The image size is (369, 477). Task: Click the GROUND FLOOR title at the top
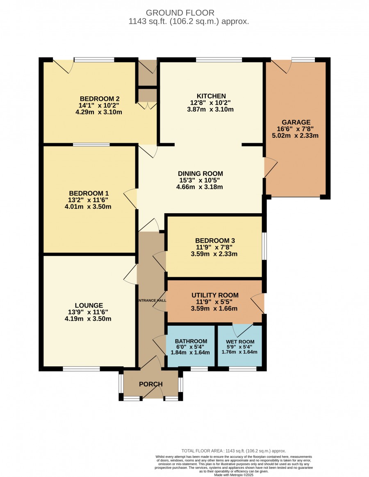click(180, 13)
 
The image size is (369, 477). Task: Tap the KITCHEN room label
click(211, 96)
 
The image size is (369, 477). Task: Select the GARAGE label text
click(296, 122)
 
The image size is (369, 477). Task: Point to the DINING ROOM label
click(200, 173)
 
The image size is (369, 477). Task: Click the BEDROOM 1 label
click(89, 193)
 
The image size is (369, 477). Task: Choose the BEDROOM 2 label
click(100, 98)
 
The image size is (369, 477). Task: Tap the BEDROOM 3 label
click(215, 240)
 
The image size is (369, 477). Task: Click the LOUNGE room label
click(89, 305)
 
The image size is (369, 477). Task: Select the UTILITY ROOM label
click(215, 295)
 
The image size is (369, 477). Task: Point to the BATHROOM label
click(191, 341)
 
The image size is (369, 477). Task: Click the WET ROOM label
click(240, 342)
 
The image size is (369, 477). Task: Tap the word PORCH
click(151, 384)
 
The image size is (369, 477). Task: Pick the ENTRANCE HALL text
click(152, 300)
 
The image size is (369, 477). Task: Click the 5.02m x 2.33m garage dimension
click(295, 135)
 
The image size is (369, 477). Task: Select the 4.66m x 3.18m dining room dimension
click(200, 187)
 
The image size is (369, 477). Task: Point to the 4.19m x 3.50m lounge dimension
click(88, 319)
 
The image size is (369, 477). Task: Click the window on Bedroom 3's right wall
click(264, 246)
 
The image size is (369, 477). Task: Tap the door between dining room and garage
click(271, 167)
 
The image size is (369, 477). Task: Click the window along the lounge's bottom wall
click(82, 369)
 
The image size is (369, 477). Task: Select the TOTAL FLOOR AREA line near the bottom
click(234, 451)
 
